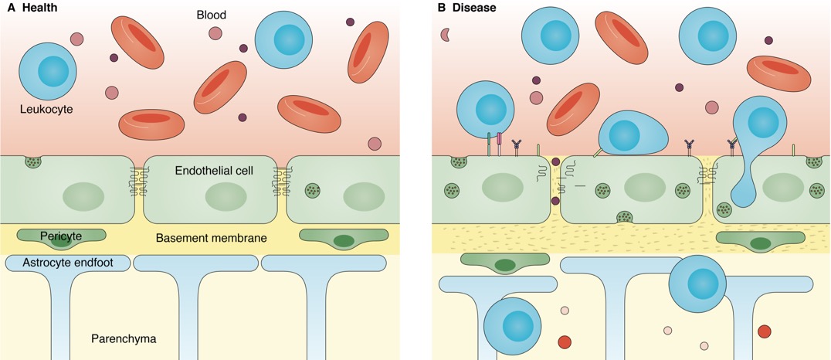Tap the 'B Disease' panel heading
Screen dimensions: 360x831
[x=466, y=8]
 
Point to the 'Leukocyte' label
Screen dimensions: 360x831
[x=46, y=110]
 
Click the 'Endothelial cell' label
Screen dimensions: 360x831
[x=214, y=171]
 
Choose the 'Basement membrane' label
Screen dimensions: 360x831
[x=211, y=238]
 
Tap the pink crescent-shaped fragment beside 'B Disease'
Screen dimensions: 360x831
[x=445, y=34]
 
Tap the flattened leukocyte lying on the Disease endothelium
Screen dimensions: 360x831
[x=633, y=132]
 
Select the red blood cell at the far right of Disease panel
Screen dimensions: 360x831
[x=778, y=73]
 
